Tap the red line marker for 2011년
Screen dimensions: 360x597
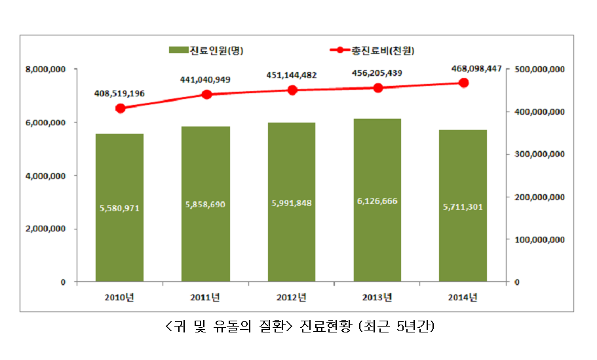click(x=206, y=94)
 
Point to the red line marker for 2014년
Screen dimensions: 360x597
click(x=463, y=83)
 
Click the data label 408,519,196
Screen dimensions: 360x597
click(x=119, y=93)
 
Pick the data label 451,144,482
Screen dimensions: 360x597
click(x=292, y=75)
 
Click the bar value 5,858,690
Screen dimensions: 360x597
click(x=205, y=205)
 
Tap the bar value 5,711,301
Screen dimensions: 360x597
click(x=463, y=208)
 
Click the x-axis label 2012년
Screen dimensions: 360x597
click(x=292, y=298)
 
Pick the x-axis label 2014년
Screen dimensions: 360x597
click(x=463, y=298)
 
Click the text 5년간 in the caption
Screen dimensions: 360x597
click(x=414, y=326)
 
